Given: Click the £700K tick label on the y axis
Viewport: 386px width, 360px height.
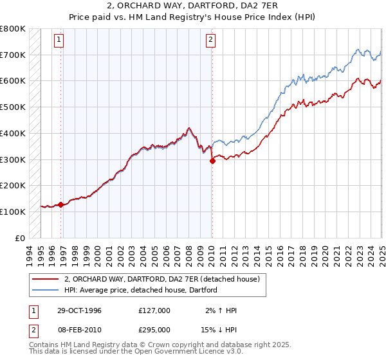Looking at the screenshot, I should click(x=13, y=55).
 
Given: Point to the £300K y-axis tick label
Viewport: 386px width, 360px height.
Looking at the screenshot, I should click(x=13, y=159).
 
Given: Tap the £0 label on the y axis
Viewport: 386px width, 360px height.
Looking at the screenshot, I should click(x=21, y=238).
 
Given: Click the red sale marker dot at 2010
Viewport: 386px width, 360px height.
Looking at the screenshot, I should click(x=212, y=161).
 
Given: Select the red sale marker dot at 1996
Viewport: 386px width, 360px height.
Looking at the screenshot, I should click(x=61, y=205).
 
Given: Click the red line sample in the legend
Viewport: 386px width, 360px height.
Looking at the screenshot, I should click(x=46, y=280).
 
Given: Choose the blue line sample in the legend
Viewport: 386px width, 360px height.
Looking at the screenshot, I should click(x=46, y=291).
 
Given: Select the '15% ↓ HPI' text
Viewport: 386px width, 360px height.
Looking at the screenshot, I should click(x=218, y=329).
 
